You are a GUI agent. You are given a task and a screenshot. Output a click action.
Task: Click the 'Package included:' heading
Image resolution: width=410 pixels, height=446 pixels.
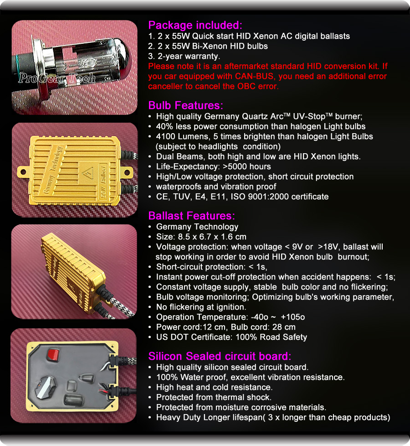point(195,26)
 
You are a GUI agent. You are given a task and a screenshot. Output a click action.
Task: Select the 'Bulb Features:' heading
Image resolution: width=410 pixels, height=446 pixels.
point(185,105)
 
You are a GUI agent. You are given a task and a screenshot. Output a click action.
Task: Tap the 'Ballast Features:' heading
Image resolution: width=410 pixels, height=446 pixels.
point(191,216)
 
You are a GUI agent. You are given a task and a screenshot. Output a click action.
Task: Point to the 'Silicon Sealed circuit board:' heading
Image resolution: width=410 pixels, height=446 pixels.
point(220,357)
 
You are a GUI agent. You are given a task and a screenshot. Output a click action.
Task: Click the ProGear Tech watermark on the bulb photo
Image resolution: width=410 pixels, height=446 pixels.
point(57,78)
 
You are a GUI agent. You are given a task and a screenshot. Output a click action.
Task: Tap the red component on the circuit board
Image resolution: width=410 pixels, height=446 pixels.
point(53,355)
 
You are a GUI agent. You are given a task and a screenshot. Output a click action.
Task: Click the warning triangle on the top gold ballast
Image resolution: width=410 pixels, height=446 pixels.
point(87,173)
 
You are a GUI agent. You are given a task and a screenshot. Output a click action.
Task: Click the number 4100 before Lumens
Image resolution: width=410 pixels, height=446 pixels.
point(166,136)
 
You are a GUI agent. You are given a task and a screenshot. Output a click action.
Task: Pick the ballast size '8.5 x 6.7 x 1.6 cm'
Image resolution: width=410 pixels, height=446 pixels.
point(212,237)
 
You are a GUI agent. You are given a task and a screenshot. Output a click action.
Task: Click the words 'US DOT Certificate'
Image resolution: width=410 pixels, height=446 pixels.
point(194,337)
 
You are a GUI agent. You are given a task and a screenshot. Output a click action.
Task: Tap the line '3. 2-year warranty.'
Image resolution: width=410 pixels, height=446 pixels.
point(184,56)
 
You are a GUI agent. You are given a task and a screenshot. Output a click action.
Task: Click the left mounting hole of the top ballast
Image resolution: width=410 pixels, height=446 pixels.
point(23,172)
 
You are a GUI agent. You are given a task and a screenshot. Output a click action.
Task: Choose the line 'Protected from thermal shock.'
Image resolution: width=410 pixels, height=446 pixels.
point(214,397)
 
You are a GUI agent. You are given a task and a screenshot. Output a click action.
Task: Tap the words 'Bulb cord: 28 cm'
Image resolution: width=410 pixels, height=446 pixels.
point(263,327)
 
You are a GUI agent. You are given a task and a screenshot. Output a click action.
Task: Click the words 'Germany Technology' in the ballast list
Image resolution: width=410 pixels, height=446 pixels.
point(197,227)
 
